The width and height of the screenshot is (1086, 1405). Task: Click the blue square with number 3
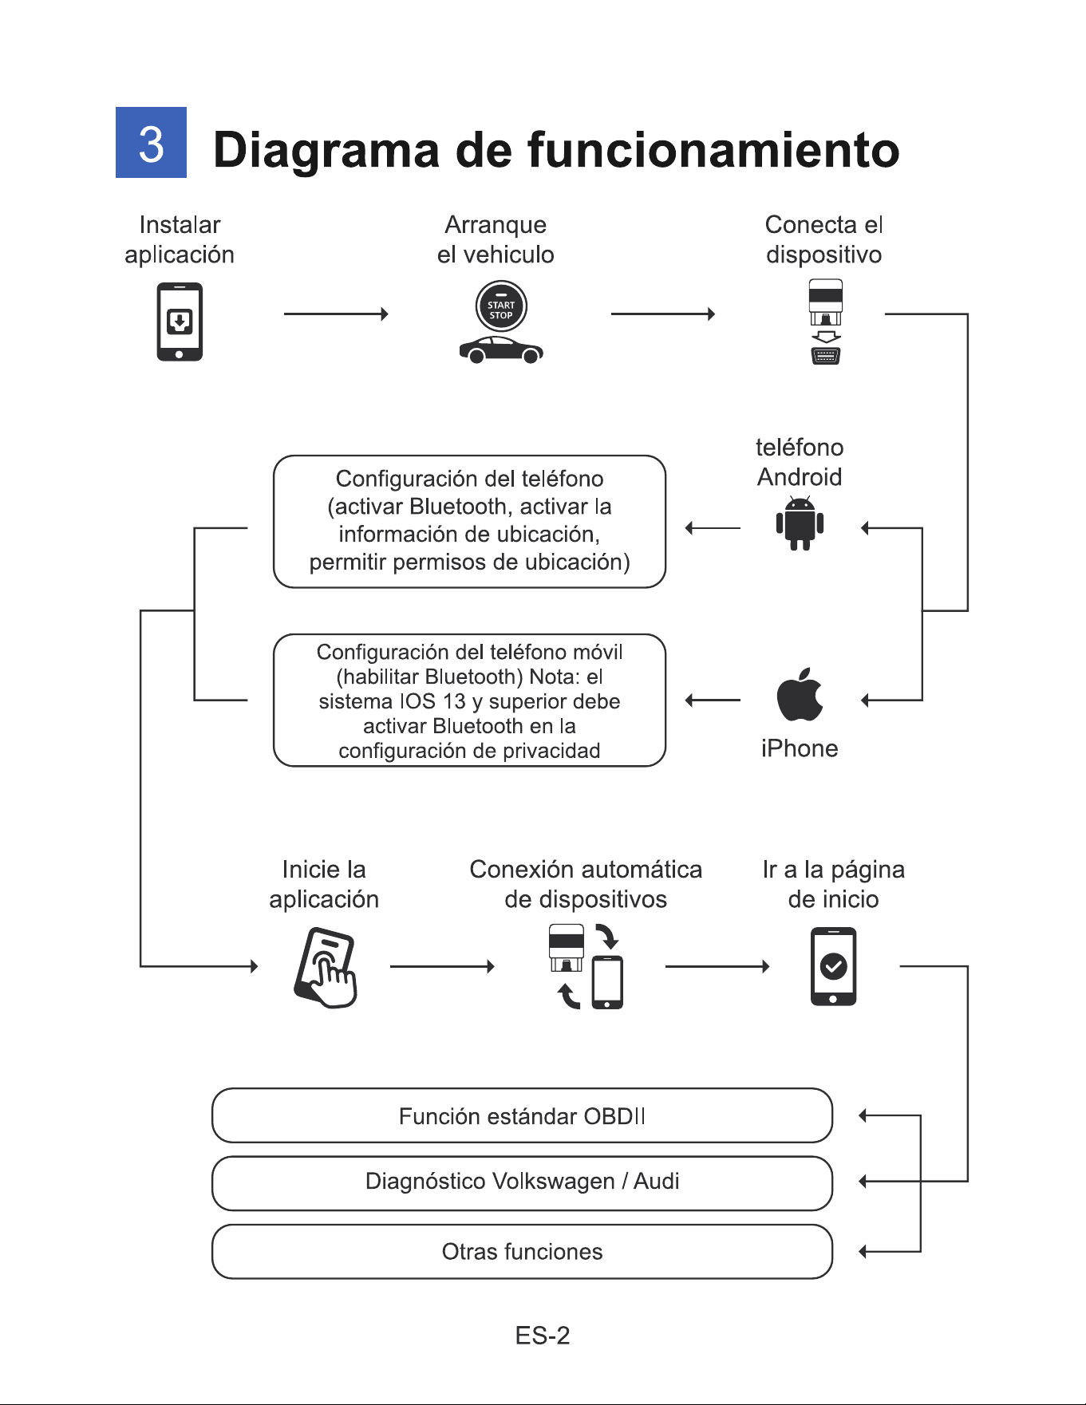[151, 142]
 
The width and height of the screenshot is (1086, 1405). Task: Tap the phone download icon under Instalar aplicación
[180, 322]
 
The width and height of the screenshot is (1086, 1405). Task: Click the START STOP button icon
[501, 307]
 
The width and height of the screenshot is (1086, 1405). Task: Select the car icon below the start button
[501, 349]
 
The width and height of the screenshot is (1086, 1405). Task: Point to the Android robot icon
[800, 523]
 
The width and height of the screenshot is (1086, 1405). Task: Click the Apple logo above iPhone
[800, 694]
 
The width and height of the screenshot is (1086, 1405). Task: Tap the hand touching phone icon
[325, 967]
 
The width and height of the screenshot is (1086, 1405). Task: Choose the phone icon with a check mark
[833, 966]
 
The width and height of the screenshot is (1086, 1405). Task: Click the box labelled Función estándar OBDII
[522, 1115]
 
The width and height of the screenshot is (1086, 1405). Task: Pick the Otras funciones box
[522, 1252]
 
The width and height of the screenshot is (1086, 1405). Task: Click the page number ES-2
[543, 1336]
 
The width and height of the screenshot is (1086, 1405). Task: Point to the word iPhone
[800, 748]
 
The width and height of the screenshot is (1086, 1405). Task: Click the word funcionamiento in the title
[713, 149]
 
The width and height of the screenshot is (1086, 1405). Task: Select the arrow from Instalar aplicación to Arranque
[336, 314]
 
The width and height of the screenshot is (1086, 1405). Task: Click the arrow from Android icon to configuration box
[713, 527]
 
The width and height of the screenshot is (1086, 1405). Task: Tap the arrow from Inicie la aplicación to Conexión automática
[443, 967]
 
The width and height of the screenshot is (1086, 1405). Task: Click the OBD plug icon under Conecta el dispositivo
[826, 322]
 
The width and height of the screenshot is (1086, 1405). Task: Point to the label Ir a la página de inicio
[833, 884]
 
